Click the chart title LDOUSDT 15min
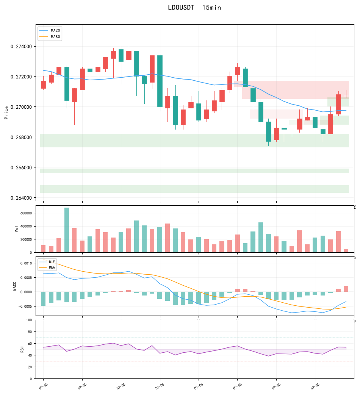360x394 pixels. [194, 8]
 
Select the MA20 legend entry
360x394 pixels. [50, 30]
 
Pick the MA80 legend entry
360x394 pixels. [50, 37]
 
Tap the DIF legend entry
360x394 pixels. [47, 262]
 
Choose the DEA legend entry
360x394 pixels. [47, 267]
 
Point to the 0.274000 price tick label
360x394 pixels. [21, 47]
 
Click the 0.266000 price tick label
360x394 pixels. [21, 167]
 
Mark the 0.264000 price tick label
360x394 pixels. [21, 198]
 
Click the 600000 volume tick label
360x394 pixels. [26, 213]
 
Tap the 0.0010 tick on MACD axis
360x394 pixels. [26, 263]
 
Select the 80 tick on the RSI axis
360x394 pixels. [30, 332]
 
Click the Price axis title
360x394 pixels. [6, 113]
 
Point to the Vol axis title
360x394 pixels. [17, 229]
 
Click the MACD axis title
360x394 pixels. [14, 286]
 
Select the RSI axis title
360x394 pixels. [22, 349]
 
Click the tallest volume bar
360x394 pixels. [67, 230]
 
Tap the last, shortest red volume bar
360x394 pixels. [346, 250]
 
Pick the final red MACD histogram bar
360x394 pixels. [346, 289]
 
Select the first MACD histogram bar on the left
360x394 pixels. [43, 299]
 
